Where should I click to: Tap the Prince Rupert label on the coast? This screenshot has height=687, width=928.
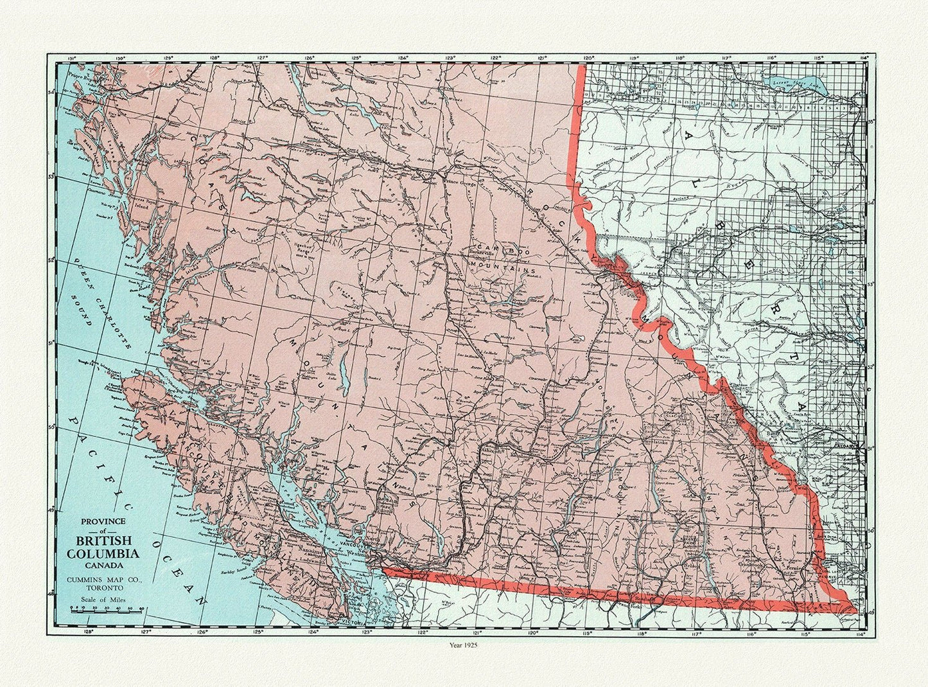[x=77, y=75]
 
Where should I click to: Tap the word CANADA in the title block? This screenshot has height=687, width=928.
[x=103, y=566]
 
